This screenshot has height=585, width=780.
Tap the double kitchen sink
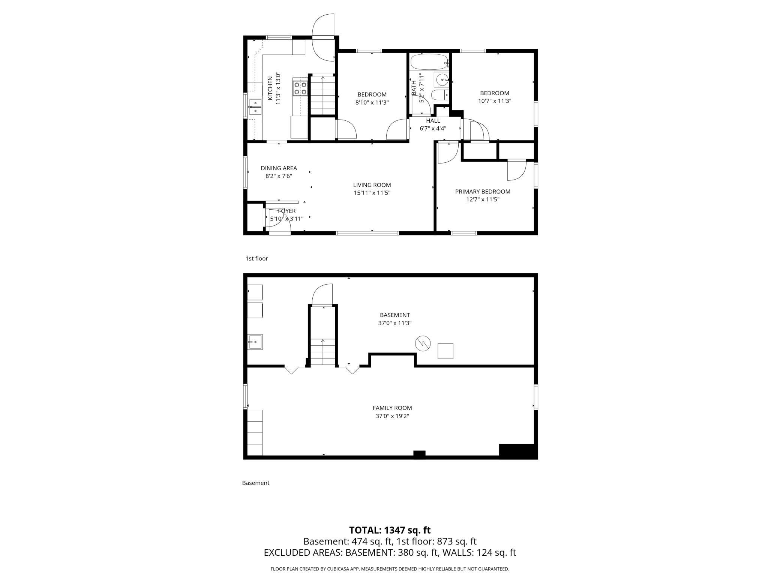pos(255,106)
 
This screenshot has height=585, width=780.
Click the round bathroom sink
pos(442,79)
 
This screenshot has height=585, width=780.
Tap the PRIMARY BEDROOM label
pos(483,192)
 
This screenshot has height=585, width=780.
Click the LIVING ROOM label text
pos(372,185)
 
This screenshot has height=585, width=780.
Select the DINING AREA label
pos(279,168)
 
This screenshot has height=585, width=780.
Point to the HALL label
pos(433,121)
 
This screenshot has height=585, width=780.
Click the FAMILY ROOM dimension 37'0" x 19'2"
pos(392,416)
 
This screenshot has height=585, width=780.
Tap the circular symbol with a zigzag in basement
pos(423,343)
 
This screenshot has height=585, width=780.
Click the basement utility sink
pos(255,342)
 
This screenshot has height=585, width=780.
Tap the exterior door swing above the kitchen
pos(323,37)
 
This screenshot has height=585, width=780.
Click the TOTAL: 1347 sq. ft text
pos(390,530)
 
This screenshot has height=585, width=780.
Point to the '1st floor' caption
pos(256,258)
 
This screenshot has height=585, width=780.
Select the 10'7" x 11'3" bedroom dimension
pos(495,101)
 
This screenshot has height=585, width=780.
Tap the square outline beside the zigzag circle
pos(445,351)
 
